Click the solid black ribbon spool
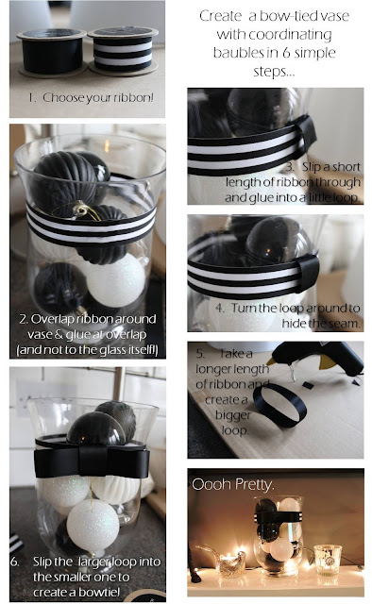click(x=52, y=53)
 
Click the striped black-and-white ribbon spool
click(x=123, y=50)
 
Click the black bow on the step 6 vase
click(x=92, y=461)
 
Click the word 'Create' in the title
click(x=221, y=16)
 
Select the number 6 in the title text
click(x=286, y=53)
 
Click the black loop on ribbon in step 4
click(x=309, y=272)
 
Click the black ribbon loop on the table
click(x=279, y=405)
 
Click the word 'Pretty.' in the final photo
click(x=255, y=484)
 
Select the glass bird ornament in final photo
click(x=222, y=559)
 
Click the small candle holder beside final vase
click(x=328, y=560)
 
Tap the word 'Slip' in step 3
click(x=311, y=167)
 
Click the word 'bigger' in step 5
click(x=233, y=415)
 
